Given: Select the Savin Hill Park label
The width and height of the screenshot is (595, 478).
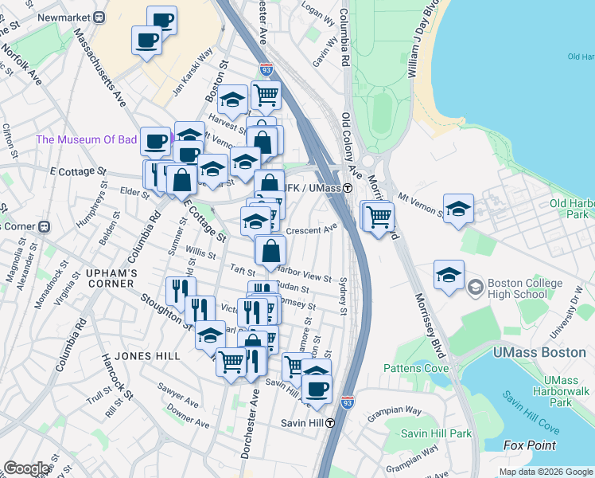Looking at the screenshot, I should (437, 433).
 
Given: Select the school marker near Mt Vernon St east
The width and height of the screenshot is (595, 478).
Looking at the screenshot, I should (459, 210).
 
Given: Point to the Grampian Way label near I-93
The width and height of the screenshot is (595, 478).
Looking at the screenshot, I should (395, 411).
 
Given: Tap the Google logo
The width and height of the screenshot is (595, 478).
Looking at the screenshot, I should (26, 468).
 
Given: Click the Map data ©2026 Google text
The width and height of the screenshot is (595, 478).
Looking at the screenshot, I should (545, 472).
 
